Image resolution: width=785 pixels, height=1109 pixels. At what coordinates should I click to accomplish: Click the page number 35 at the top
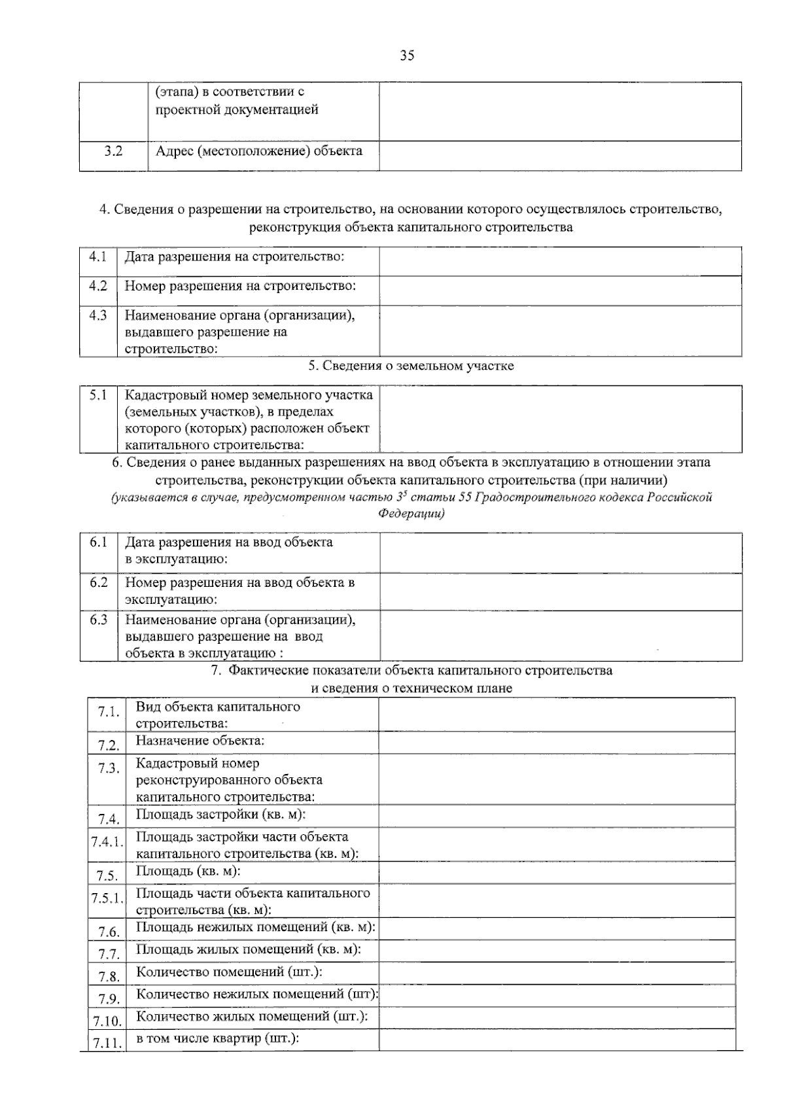click(407, 56)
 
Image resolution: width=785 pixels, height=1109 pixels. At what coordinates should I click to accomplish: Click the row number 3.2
click(113, 151)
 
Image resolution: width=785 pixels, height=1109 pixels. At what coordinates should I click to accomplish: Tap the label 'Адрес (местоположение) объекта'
click(259, 151)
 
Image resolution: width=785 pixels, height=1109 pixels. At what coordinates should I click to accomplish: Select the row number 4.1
click(98, 256)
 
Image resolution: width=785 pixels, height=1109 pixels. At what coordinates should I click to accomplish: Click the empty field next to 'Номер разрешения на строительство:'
click(560, 290)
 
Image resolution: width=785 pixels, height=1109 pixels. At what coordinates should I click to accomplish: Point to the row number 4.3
click(98, 315)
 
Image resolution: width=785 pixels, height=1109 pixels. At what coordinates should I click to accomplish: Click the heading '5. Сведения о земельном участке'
click(411, 366)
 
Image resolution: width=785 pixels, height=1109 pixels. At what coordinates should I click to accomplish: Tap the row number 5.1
click(98, 395)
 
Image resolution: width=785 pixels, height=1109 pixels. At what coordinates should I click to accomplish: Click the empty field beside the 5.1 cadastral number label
click(560, 419)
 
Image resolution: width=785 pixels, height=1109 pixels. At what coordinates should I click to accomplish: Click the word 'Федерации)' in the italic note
click(411, 514)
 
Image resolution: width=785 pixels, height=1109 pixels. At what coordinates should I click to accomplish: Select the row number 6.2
click(99, 582)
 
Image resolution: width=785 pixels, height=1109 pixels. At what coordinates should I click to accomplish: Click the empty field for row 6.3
click(560, 635)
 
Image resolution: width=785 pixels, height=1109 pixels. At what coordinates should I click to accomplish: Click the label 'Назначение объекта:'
click(200, 741)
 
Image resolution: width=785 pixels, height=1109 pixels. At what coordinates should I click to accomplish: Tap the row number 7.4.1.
click(107, 842)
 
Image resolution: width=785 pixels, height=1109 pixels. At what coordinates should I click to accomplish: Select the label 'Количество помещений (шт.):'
click(229, 972)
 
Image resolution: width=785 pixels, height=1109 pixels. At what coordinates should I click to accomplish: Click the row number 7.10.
click(107, 1021)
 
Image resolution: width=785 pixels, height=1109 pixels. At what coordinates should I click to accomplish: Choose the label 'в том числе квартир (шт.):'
click(217, 1038)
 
